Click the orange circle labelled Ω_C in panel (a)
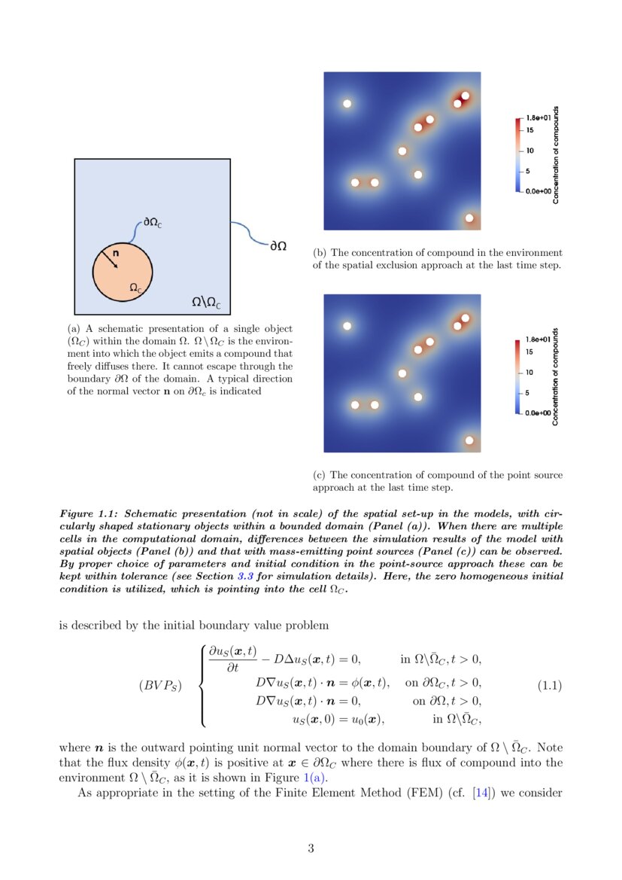point(123,272)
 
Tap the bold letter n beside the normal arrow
point(115,254)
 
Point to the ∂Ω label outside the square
point(278,246)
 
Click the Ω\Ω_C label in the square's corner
point(206,303)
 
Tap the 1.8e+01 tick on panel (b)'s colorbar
point(538,119)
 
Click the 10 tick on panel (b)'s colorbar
point(529,151)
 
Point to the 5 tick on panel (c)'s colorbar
point(528,393)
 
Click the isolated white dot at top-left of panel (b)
point(347,104)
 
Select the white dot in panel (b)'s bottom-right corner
point(469,218)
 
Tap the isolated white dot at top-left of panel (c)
point(347,325)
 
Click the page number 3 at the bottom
point(311,848)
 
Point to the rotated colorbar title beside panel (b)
point(556,154)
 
